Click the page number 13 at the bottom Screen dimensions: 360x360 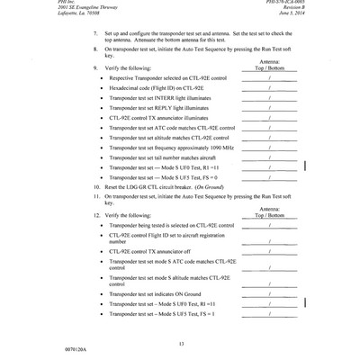[181, 344]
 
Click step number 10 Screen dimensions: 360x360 [96, 183]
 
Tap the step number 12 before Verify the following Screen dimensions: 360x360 [96, 216]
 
